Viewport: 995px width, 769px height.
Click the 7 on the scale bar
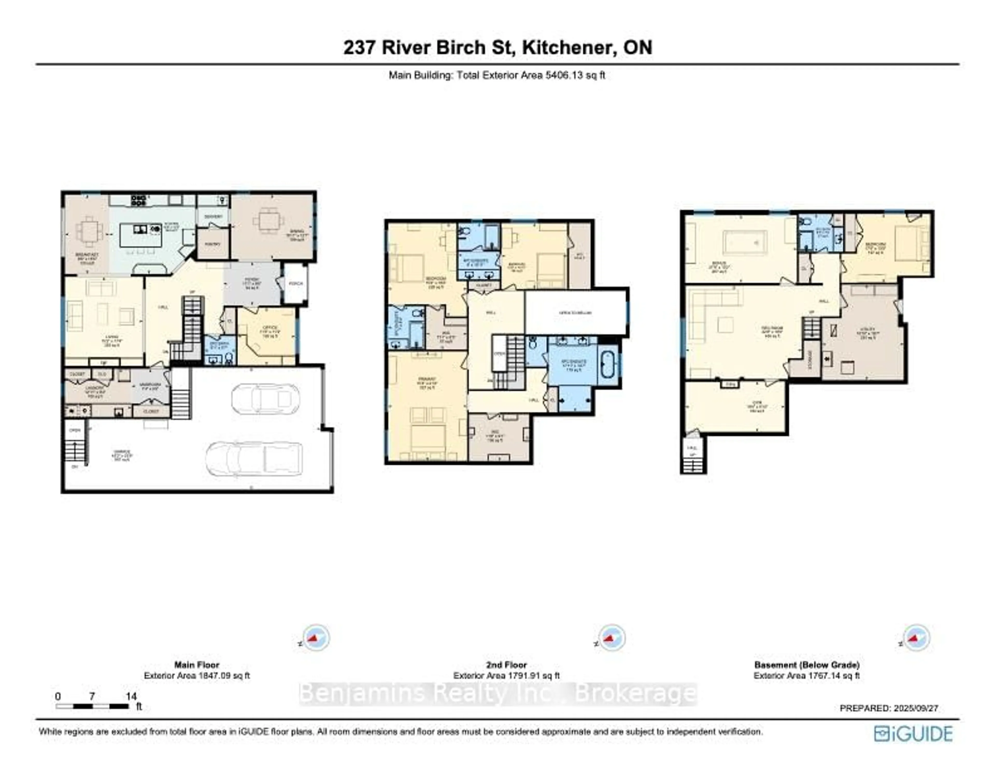click(92, 696)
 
